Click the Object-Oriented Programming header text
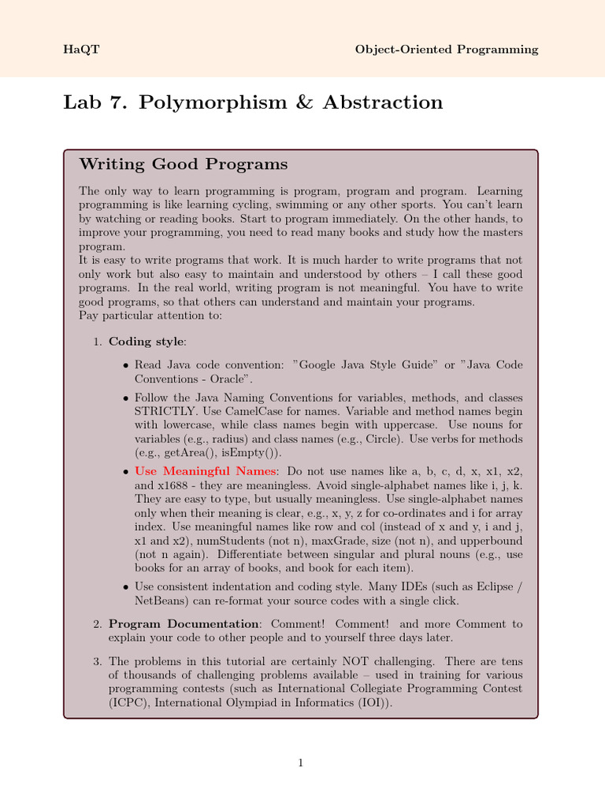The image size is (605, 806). tap(447, 50)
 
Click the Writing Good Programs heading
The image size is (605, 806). tap(184, 165)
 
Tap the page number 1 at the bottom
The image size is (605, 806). tap(300, 762)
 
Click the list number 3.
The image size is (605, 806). tap(97, 662)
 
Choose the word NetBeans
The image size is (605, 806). tap(161, 601)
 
